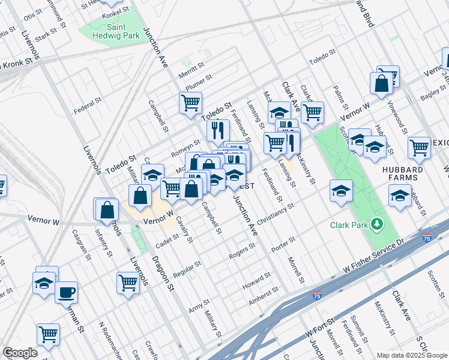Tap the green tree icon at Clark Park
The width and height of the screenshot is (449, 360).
pos(377,224)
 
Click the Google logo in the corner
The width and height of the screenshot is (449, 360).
pos(20,353)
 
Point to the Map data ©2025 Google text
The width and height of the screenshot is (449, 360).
pos(412,355)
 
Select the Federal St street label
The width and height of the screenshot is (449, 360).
pos(85,110)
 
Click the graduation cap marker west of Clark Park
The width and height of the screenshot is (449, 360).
pos(341,191)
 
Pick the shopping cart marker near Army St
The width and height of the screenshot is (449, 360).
pos(128,281)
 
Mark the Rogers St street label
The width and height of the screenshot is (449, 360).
pos(242,253)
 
